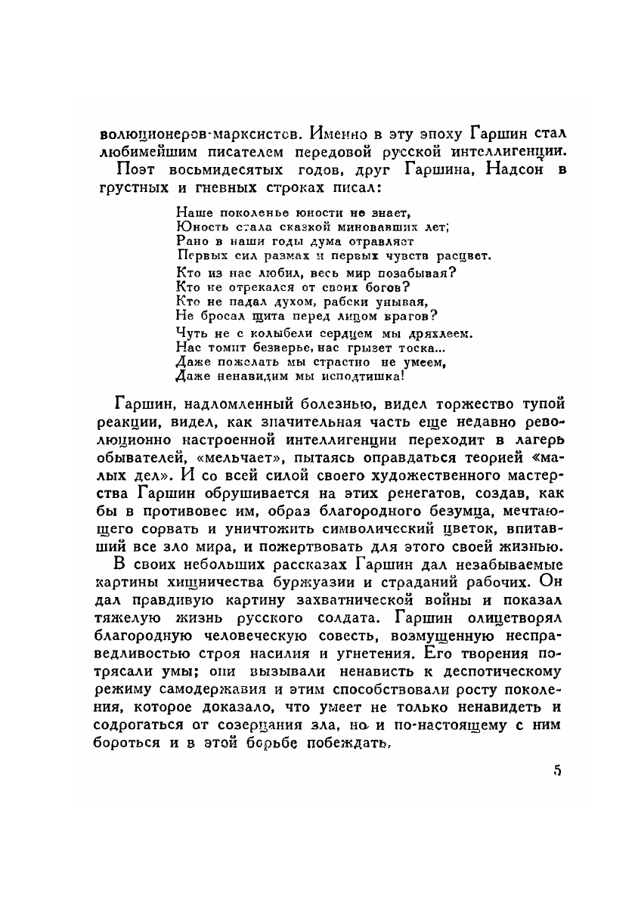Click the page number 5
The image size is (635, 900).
tap(557, 771)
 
